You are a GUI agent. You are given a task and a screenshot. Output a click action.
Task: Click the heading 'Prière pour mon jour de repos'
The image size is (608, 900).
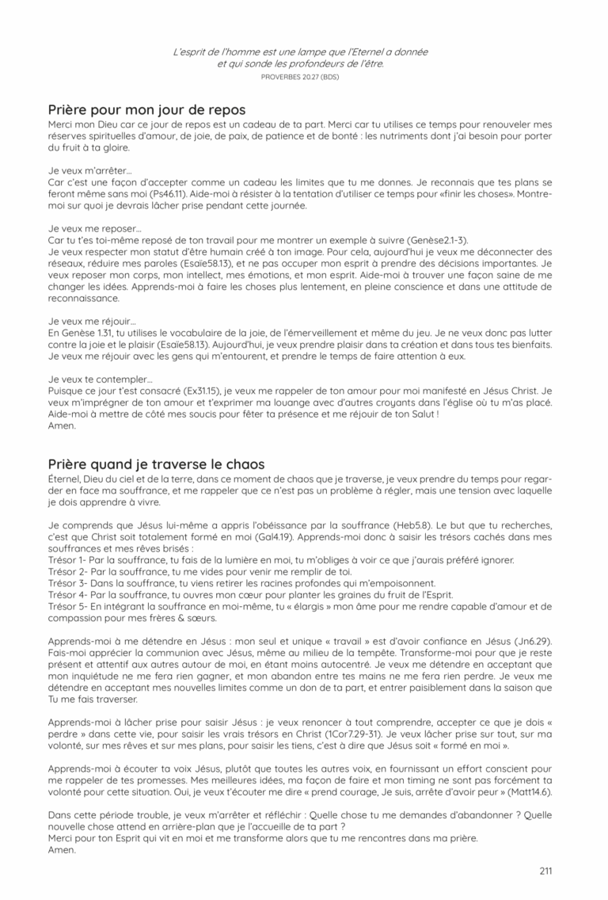(x=146, y=109)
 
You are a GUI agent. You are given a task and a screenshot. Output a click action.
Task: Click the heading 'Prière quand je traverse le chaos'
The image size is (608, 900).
(x=156, y=463)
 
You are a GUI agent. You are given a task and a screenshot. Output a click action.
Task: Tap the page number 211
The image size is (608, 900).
(x=545, y=871)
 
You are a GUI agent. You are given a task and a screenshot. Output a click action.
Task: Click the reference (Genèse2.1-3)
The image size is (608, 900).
(x=446, y=239)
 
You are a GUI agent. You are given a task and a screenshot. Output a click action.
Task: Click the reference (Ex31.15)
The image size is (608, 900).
(x=191, y=391)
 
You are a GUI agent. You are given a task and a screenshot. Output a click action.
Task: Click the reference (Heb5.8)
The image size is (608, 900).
(x=418, y=524)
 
